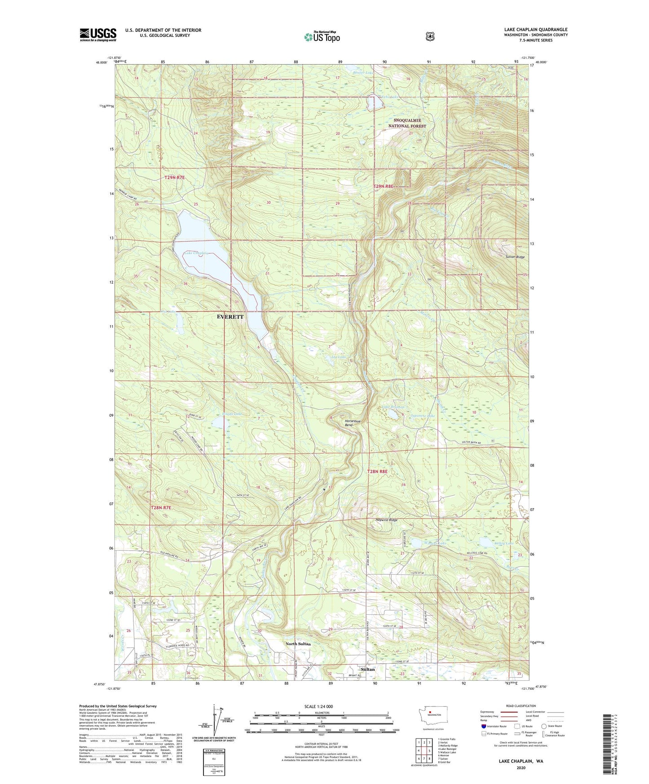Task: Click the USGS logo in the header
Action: pyautogui.click(x=98, y=35)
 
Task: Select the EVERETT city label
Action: pyautogui.click(x=230, y=317)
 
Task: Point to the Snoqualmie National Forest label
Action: pyautogui.click(x=407, y=123)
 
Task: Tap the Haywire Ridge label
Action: pyautogui.click(x=386, y=520)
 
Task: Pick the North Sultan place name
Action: pyautogui.click(x=298, y=643)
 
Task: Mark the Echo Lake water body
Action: pyautogui.click(x=375, y=103)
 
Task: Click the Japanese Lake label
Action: pyautogui.click(x=423, y=416)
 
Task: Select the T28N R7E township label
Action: pyautogui.click(x=161, y=507)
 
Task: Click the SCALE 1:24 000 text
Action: pyautogui.click(x=318, y=706)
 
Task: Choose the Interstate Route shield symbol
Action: pyautogui.click(x=483, y=726)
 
